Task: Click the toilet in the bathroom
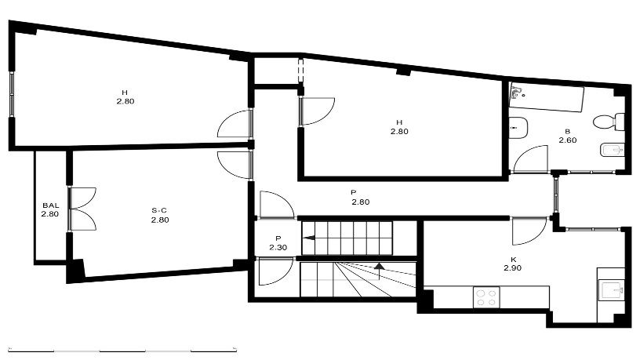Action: pos(609,122)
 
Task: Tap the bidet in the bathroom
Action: pos(613,151)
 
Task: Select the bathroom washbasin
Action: pos(518,127)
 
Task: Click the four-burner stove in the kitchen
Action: pos(486,297)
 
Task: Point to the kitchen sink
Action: pos(612,291)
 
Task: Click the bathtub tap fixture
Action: pos(517,93)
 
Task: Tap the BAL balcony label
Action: pos(51,205)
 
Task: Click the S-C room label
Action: pos(159,211)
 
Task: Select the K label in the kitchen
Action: pos(513,260)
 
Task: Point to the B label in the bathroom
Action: pos(567,132)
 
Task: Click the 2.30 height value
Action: pos(278,247)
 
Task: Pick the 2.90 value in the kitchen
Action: pos(512,268)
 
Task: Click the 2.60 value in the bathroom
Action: pos(567,140)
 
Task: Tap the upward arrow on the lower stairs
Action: pos(380,271)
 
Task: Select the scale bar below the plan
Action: pos(122,350)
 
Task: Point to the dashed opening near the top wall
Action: pos(301,72)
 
